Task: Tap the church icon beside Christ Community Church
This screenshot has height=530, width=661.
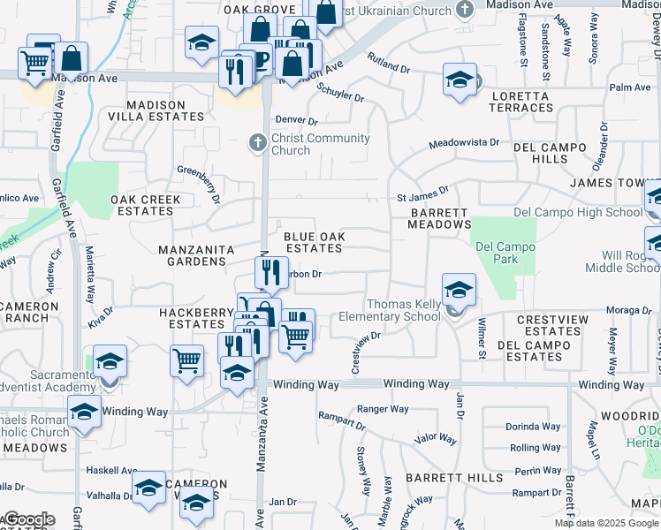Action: (x=257, y=142)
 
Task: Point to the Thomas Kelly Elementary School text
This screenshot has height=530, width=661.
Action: (x=403, y=310)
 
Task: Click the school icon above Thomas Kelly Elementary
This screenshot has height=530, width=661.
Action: (x=459, y=289)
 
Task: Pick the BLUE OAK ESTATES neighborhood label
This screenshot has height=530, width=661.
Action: (x=313, y=242)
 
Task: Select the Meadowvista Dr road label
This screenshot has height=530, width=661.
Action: (x=464, y=142)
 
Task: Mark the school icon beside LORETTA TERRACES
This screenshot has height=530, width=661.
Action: (x=460, y=79)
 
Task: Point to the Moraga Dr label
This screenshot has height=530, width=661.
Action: (x=629, y=310)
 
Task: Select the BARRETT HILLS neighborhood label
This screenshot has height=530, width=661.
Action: (x=441, y=477)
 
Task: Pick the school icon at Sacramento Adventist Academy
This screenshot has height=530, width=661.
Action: (x=110, y=360)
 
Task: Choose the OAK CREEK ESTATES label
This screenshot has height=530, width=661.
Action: (x=146, y=205)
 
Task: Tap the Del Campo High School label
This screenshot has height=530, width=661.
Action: (x=578, y=213)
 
